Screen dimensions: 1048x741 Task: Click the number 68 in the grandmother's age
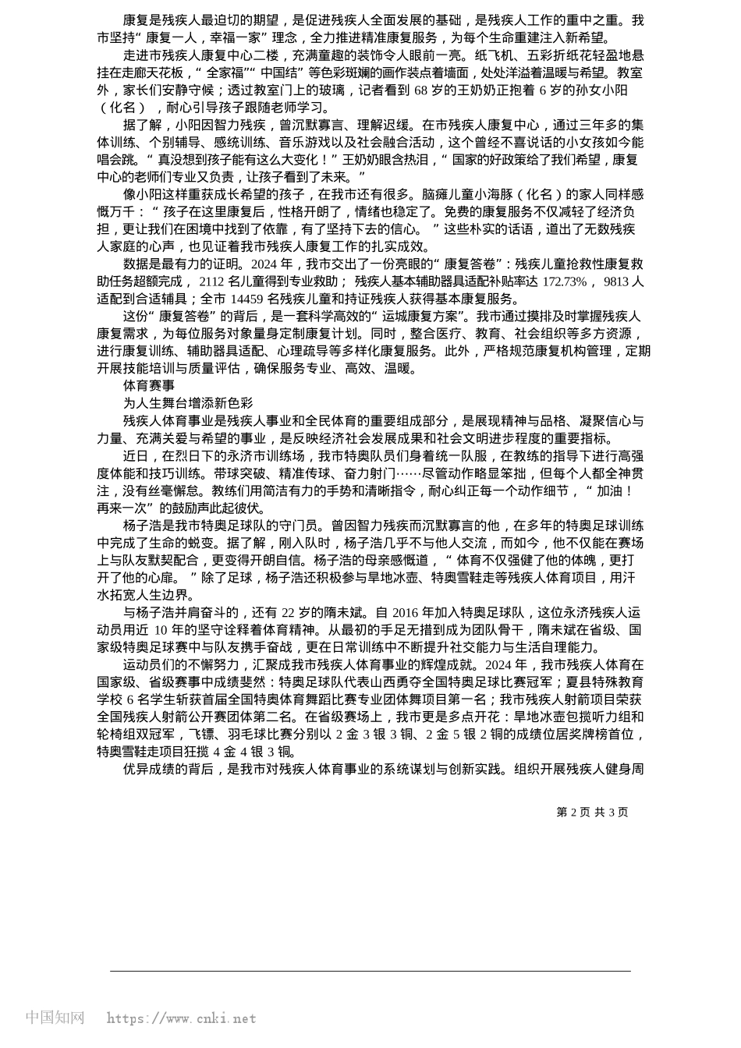pyautogui.click(x=420, y=90)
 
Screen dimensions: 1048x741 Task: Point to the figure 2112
pyautogui.click(x=214, y=281)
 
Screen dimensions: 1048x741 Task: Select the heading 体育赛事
pyautogui.click(x=149, y=385)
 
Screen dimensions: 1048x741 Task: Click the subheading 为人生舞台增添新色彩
pyautogui.click(x=188, y=402)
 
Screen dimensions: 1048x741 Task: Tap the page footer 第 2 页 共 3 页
pyautogui.click(x=592, y=812)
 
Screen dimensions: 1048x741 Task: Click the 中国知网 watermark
pyautogui.click(x=55, y=1018)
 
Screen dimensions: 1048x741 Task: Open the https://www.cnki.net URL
pyautogui.click(x=182, y=1018)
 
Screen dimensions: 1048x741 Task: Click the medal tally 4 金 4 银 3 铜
pyautogui.click(x=242, y=752)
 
